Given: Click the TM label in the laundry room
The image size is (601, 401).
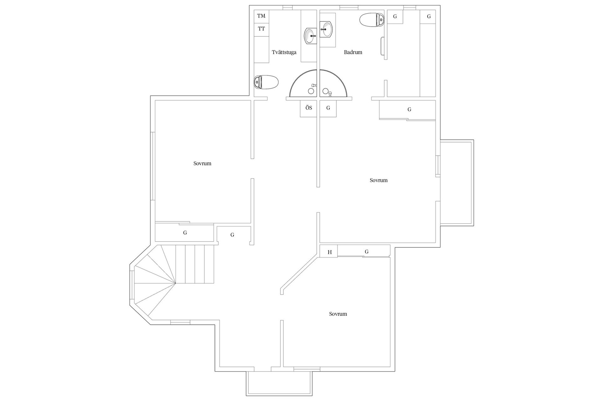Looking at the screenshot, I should pyautogui.click(x=261, y=16).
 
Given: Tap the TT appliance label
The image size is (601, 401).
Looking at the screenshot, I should pyautogui.click(x=261, y=29).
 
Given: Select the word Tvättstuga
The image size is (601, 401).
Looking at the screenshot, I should pyautogui.click(x=284, y=52).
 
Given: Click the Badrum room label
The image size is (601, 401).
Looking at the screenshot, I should pyautogui.click(x=353, y=52).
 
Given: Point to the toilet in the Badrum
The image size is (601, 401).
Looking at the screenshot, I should pyautogui.click(x=372, y=20).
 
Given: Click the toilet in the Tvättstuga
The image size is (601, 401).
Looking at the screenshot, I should pyautogui.click(x=266, y=82).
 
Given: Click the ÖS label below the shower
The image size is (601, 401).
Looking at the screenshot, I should pyautogui.click(x=309, y=108).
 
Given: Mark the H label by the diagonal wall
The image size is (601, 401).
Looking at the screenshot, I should pyautogui.click(x=329, y=252).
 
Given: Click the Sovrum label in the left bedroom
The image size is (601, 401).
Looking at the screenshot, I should pyautogui.click(x=202, y=164).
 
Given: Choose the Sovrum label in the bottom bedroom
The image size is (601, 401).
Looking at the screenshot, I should pyautogui.click(x=338, y=314).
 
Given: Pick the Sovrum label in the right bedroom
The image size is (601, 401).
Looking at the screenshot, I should pyautogui.click(x=378, y=180).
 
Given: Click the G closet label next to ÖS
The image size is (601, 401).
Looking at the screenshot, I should pyautogui.click(x=328, y=108).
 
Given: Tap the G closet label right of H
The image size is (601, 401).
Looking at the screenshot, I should pyautogui.click(x=367, y=252).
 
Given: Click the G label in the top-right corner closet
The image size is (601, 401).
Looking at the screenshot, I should pyautogui.click(x=429, y=17).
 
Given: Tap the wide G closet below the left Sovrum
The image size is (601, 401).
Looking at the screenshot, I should pyautogui.click(x=185, y=233).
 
